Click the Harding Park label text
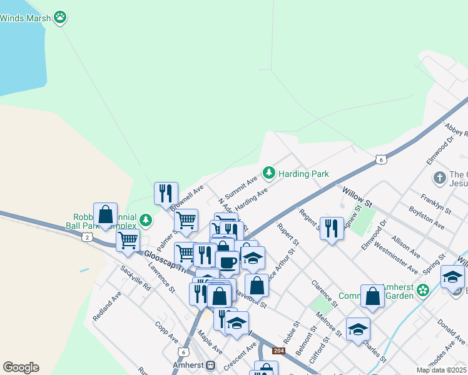(x=303, y=173)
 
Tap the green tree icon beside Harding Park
(x=269, y=172)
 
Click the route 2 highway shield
(x=86, y=236)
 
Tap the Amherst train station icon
(x=211, y=365)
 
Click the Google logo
(x=21, y=367)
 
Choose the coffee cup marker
(x=227, y=261)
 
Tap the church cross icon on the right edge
(x=440, y=177)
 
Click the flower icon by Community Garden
(x=423, y=290)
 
